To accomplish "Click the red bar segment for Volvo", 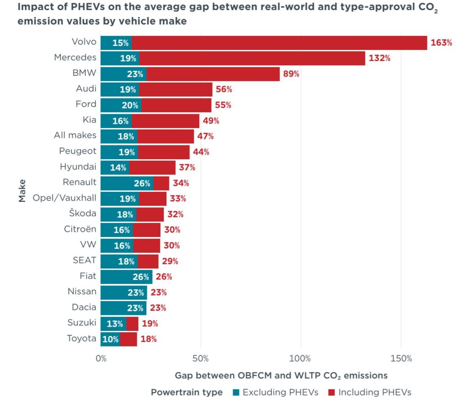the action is (280, 43).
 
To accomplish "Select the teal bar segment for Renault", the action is (127, 183).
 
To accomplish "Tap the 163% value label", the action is (441, 43).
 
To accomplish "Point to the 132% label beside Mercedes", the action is (380, 58).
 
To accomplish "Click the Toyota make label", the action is (82, 338).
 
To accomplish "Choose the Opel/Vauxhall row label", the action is (64, 198).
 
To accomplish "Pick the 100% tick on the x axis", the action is (300, 358).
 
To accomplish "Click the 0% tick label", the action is (101, 358).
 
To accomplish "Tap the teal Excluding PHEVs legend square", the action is (236, 392).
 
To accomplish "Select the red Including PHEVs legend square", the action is (331, 392).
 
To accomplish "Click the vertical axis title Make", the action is (22, 191).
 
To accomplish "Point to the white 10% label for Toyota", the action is (110, 339).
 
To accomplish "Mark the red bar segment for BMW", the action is (213, 74).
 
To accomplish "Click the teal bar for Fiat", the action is (127, 277).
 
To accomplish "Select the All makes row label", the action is (75, 135).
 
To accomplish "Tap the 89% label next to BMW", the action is (291, 74).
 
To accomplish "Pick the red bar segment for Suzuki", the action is (132, 323).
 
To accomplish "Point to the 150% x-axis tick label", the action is (401, 358).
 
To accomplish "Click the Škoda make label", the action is (83, 213).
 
